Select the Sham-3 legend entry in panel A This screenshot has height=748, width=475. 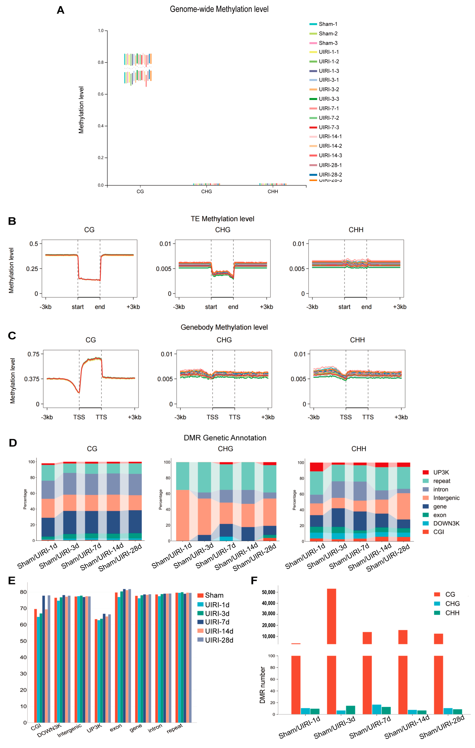(328, 43)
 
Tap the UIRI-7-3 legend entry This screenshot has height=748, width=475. (329, 127)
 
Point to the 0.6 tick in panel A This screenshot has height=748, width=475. (101, 94)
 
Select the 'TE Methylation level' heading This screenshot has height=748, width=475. (222, 219)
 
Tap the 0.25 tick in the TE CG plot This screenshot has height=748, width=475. (32, 269)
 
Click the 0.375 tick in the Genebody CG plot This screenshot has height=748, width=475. (32, 379)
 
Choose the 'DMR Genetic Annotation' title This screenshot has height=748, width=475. (225, 438)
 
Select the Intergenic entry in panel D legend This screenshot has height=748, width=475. (446, 498)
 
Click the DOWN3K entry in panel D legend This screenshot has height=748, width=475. (446, 523)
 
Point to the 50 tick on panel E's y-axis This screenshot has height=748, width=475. (23, 641)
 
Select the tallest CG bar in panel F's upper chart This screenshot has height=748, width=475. (331, 617)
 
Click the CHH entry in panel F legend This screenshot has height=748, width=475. (452, 613)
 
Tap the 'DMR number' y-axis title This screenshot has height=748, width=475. (262, 685)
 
